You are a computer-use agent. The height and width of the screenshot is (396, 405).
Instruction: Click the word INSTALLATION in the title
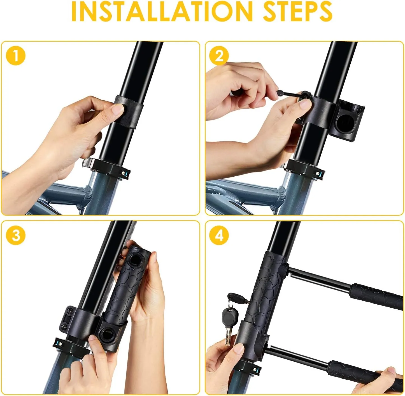coord(162,11)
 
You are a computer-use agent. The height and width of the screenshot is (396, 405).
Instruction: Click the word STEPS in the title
coord(297,11)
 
